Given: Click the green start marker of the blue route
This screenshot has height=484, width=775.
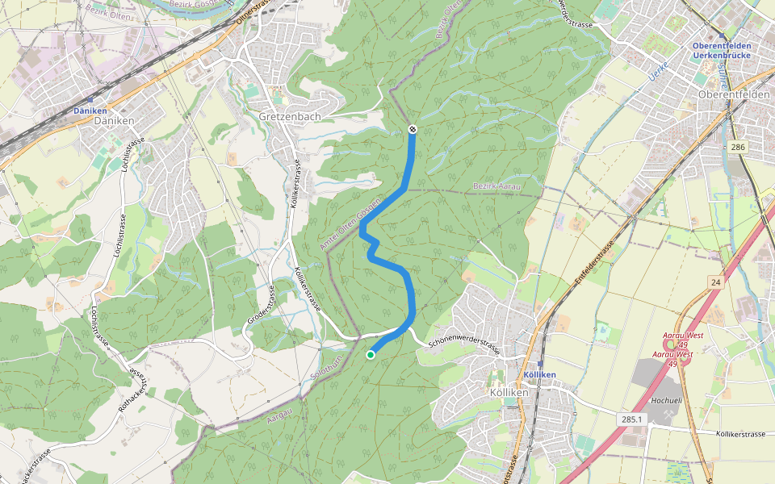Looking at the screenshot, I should [x=371, y=354].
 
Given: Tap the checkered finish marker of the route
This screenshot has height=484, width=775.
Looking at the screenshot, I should [x=412, y=129].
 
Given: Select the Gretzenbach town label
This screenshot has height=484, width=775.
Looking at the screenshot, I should [x=290, y=116].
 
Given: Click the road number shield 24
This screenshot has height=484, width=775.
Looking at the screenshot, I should [x=715, y=282].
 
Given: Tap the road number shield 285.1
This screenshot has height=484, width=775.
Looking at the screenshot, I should [x=632, y=419].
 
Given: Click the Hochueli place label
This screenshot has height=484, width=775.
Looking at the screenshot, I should [x=666, y=398].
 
